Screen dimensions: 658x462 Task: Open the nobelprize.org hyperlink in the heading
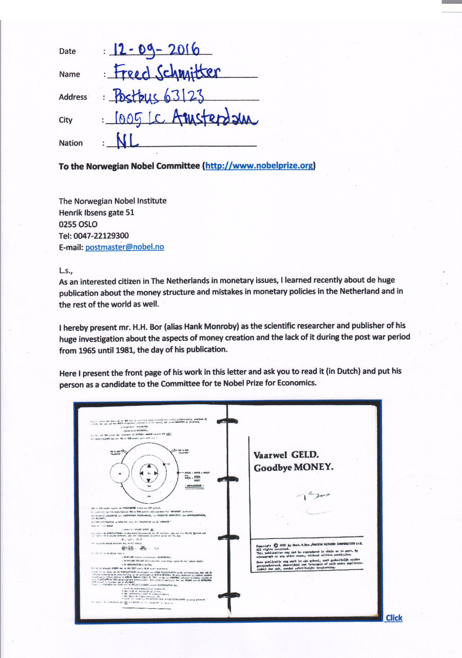259,166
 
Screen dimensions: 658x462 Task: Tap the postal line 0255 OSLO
78,224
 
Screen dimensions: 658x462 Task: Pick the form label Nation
71,143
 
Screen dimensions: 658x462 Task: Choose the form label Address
73,97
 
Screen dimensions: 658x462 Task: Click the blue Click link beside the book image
394,617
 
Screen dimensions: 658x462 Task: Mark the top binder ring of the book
226,421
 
